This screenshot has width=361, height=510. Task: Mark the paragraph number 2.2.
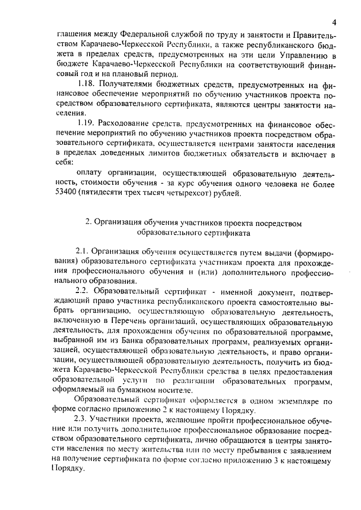point(83,290)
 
